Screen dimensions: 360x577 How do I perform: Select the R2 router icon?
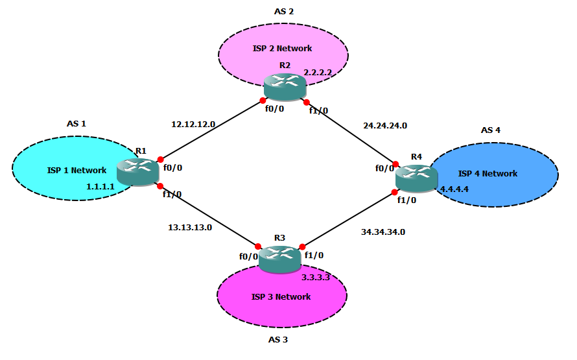coord(285,87)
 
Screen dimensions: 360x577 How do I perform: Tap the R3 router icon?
coord(279,259)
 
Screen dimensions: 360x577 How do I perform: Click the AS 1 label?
coord(77,123)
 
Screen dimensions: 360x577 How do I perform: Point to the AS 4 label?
coord(491,130)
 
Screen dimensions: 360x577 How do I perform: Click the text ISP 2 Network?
coord(282,49)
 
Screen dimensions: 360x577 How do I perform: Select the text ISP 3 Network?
coord(281,297)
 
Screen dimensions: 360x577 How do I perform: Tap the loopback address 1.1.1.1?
coord(100,186)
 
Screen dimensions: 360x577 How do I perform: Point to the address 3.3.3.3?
coord(316,277)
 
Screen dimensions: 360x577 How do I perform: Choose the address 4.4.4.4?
coord(454,189)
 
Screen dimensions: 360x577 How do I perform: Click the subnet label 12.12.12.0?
coord(193,123)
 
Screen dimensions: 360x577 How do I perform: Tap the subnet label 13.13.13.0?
coord(190,227)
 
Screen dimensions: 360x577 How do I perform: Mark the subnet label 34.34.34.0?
coord(383,232)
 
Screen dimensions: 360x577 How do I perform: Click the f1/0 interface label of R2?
coord(318,111)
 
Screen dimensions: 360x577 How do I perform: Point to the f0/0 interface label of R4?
coord(384,168)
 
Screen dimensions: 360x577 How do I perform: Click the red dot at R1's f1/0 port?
coord(160,186)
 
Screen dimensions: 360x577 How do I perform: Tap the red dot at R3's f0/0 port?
coord(258,246)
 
